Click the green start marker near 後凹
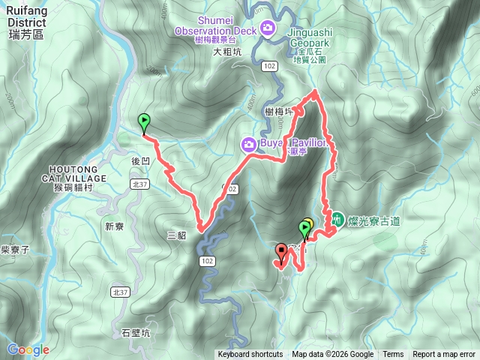pyautogui.click(x=143, y=120)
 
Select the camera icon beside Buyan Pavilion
pyautogui.click(x=247, y=143)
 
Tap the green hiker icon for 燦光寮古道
pyautogui.click(x=337, y=220)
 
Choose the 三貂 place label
pyautogui.click(x=176, y=235)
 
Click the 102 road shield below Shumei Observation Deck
pyautogui.click(x=270, y=66)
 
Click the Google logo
pyautogui.click(x=28, y=349)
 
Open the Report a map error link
pyautogui.click(x=445, y=355)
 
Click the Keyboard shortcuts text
pyautogui.click(x=250, y=355)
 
